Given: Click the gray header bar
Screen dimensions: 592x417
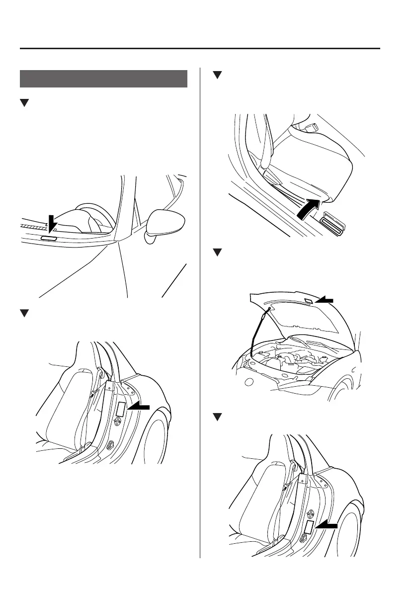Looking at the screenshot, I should click(103, 79).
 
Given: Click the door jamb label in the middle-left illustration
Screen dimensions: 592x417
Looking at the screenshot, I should click(121, 408).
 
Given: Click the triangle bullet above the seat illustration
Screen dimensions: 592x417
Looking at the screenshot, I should click(216, 75).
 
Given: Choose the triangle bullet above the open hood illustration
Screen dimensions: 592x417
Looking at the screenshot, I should click(216, 253).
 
